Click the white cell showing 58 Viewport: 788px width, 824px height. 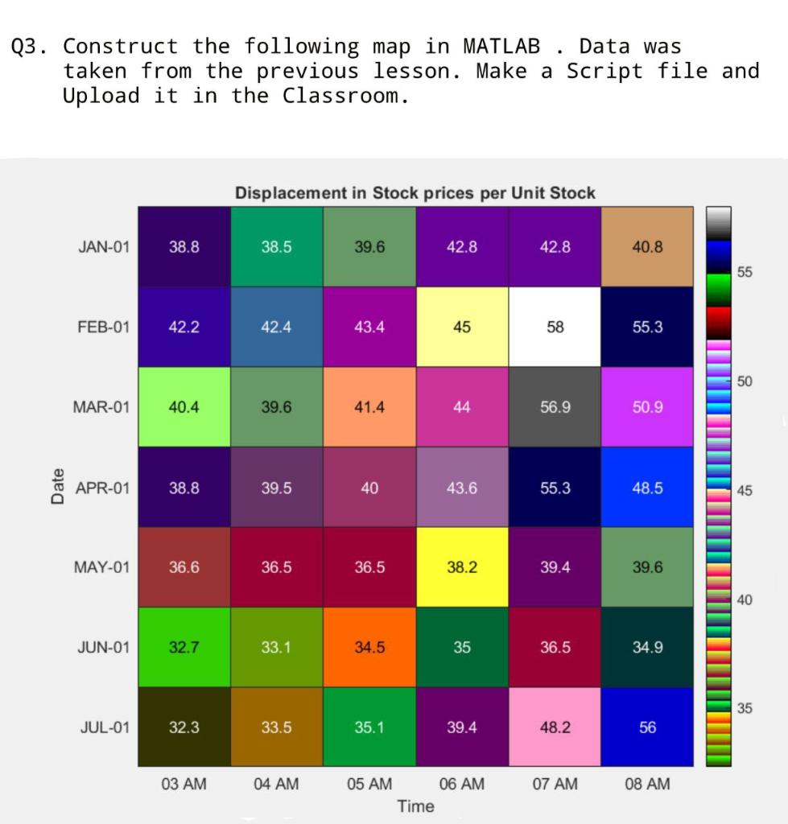[555, 327]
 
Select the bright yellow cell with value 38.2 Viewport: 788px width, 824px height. [462, 567]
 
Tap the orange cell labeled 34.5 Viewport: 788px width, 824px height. [369, 647]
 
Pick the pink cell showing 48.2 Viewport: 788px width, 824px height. [555, 727]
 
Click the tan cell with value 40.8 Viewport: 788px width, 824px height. [647, 247]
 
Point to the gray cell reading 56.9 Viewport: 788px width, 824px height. [555, 407]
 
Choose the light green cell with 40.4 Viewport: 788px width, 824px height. [184, 407]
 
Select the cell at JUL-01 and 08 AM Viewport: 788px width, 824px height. [647, 727]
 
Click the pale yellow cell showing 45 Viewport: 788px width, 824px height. [462, 327]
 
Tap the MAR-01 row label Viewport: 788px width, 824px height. [101, 407]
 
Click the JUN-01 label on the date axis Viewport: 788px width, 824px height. [102, 647]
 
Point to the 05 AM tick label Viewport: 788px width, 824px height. [369, 784]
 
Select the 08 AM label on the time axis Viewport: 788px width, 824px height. [647, 784]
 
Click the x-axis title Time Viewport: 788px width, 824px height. [415, 805]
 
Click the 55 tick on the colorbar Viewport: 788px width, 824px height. [745, 273]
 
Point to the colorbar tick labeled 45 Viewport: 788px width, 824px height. [745, 491]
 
